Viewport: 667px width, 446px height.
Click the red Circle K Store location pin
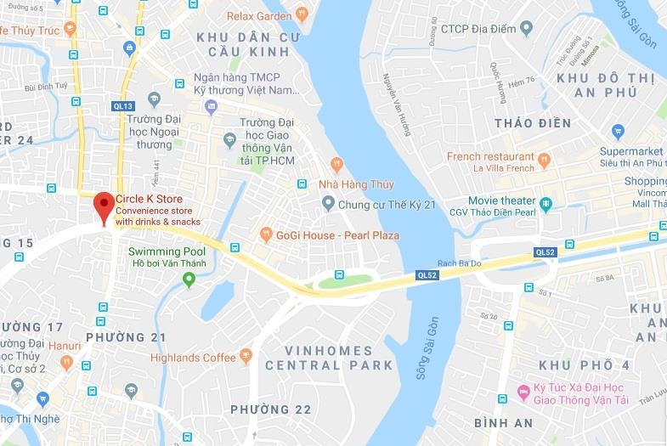point(104,206)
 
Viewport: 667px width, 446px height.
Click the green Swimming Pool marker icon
point(189,280)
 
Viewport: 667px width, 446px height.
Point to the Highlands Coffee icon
point(246,356)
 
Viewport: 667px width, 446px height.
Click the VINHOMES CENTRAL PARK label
point(329,358)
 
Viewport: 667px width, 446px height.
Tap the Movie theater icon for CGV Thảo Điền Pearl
point(545,203)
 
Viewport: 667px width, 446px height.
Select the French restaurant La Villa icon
point(545,158)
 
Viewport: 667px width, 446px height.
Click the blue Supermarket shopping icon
point(618,132)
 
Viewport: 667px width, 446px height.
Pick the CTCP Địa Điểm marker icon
point(525,29)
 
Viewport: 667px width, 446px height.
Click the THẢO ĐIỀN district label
point(532,123)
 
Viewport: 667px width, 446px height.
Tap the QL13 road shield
point(122,106)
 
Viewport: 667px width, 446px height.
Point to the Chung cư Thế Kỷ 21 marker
point(329,204)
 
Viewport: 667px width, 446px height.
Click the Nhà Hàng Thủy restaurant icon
point(337,163)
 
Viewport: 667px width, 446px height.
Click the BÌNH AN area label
point(503,423)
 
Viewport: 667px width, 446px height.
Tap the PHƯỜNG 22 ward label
point(271,409)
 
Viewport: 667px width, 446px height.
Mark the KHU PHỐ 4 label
point(584,365)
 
